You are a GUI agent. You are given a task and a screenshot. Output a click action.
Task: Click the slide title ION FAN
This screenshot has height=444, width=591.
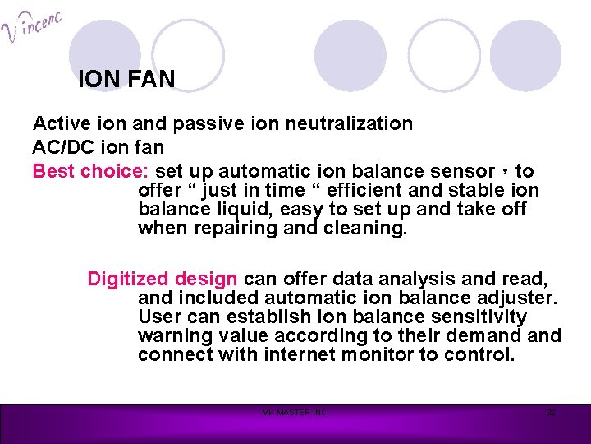pos(126,80)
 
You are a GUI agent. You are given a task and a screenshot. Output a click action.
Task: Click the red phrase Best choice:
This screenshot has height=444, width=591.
pos(90,171)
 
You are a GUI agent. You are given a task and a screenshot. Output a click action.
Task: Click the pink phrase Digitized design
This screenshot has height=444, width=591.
pos(163,279)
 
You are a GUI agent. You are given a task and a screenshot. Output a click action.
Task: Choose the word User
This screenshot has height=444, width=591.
pos(158,317)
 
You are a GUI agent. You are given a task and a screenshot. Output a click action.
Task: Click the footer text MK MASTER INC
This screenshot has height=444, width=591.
pos(294,412)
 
